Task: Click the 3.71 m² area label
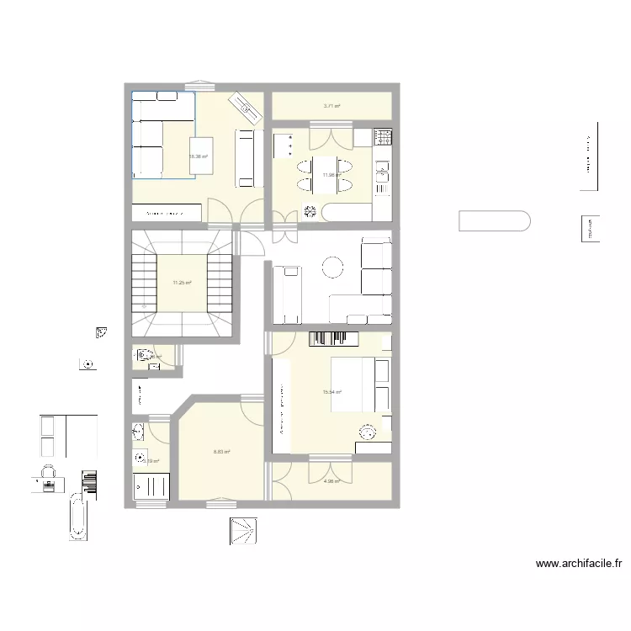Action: pos(332,106)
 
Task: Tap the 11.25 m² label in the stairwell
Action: pos(183,283)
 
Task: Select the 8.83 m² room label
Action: pos(221,452)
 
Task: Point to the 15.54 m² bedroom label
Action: pos(332,392)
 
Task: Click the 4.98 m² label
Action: pos(331,481)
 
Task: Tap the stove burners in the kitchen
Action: pos(384,135)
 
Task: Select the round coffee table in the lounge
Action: pos(333,268)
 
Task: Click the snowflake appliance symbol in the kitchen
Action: pos(309,210)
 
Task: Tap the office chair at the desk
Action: pos(48,472)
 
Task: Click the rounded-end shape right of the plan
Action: pos(494,221)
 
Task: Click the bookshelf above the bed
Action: pos(335,338)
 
